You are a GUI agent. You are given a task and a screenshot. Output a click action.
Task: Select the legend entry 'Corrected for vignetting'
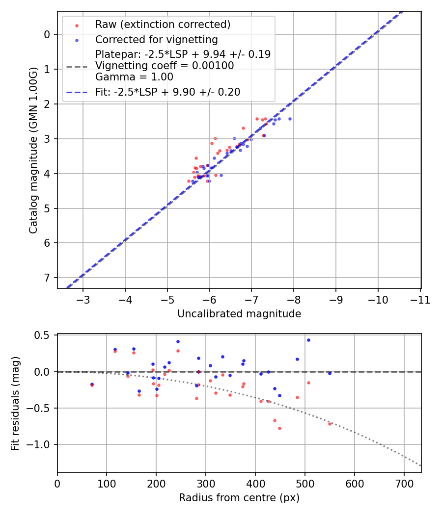(x=156, y=39)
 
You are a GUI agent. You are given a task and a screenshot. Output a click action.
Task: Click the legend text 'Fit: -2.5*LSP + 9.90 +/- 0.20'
(x=167, y=92)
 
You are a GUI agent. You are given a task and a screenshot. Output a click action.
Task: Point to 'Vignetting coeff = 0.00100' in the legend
(x=165, y=66)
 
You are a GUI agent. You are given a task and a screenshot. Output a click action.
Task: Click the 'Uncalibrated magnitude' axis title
(x=239, y=314)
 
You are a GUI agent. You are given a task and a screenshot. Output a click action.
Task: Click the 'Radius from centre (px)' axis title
(x=239, y=498)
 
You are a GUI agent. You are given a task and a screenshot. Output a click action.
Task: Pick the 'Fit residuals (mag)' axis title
(x=15, y=403)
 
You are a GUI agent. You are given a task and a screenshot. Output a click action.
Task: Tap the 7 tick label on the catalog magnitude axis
(x=47, y=278)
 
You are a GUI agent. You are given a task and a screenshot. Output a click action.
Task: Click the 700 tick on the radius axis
(x=404, y=484)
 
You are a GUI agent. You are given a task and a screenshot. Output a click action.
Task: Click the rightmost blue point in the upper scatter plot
(x=290, y=119)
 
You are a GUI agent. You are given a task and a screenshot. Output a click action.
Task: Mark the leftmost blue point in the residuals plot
(x=92, y=384)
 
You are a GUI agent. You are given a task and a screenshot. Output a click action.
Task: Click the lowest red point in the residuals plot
(x=279, y=428)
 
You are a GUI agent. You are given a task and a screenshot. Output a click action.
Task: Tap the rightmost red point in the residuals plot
(x=330, y=424)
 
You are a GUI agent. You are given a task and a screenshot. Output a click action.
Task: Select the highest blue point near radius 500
(x=308, y=340)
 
